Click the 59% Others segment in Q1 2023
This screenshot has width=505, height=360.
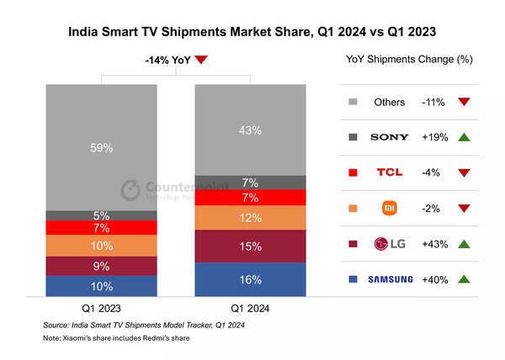(x=101, y=147)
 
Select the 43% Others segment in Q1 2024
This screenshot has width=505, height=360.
(x=250, y=130)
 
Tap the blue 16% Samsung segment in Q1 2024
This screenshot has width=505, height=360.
(x=250, y=279)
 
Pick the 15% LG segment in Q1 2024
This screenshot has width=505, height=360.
(x=250, y=246)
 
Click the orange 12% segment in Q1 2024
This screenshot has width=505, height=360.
(x=250, y=218)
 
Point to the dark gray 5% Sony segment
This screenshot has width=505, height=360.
(x=101, y=215)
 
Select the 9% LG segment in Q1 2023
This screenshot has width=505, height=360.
(x=101, y=266)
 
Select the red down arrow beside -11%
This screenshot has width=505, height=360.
(x=464, y=101)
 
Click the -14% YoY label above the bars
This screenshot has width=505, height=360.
(x=167, y=60)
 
